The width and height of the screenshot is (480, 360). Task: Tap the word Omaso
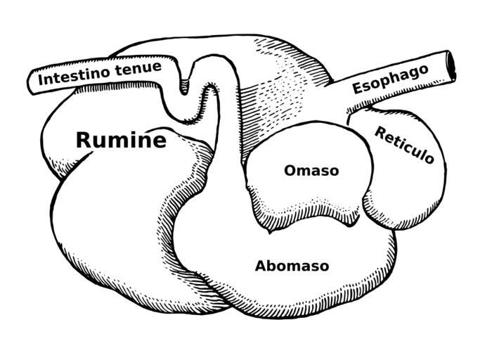tap(311, 170)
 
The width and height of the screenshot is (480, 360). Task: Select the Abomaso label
tap(292, 266)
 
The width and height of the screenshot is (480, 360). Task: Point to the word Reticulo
tap(404, 145)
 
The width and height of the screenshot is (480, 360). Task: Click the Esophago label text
tap(390, 79)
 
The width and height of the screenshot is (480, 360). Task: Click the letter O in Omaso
tap(290, 170)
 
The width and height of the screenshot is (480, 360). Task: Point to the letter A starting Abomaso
tap(261, 266)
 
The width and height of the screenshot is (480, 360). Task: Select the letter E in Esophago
tap(357, 88)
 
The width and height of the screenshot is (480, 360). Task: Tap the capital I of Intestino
tap(40, 79)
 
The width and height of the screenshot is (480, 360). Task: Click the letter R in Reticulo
tap(380, 133)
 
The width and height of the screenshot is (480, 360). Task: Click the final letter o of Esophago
tap(423, 70)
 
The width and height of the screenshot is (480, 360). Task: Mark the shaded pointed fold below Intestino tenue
tap(184, 82)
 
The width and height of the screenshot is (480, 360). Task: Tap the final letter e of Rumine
tap(160, 141)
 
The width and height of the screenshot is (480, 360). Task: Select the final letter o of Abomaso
tap(325, 267)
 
